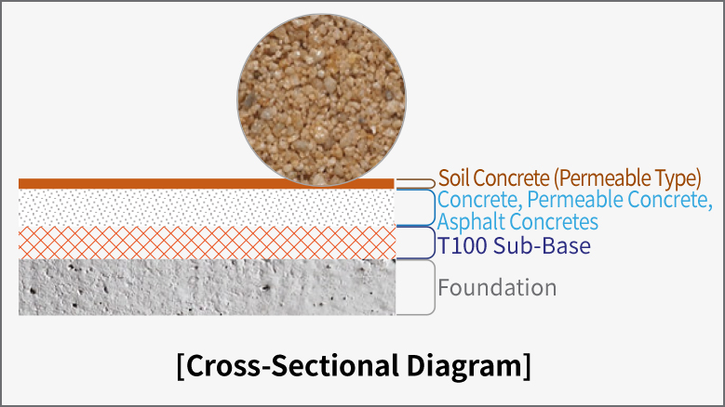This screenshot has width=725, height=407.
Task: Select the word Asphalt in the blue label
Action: [x=472, y=221]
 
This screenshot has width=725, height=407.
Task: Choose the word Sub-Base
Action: [x=542, y=245]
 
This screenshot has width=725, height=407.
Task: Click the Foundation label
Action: [x=497, y=287]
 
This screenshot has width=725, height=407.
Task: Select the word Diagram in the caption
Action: [x=464, y=367]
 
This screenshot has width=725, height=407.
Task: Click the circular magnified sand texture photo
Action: [x=321, y=99]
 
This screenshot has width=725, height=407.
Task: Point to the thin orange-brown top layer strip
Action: [x=207, y=184]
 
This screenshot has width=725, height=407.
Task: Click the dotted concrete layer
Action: [x=207, y=207]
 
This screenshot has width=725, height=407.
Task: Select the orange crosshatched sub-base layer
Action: [x=207, y=243]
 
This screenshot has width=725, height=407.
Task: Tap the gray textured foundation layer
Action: [x=207, y=287]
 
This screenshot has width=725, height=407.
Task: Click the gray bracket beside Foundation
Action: [x=435, y=287]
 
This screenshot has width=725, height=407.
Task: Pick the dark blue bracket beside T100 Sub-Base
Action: [x=435, y=243]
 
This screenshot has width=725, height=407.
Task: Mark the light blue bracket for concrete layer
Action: [x=435, y=207]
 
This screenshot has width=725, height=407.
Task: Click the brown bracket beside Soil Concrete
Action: [x=435, y=184]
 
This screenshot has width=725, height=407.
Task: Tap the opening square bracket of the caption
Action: [x=181, y=367]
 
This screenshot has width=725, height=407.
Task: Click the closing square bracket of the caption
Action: [x=527, y=367]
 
